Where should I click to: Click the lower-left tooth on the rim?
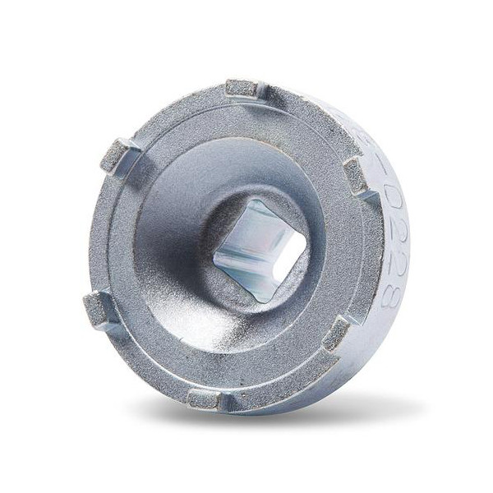click(99, 309)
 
